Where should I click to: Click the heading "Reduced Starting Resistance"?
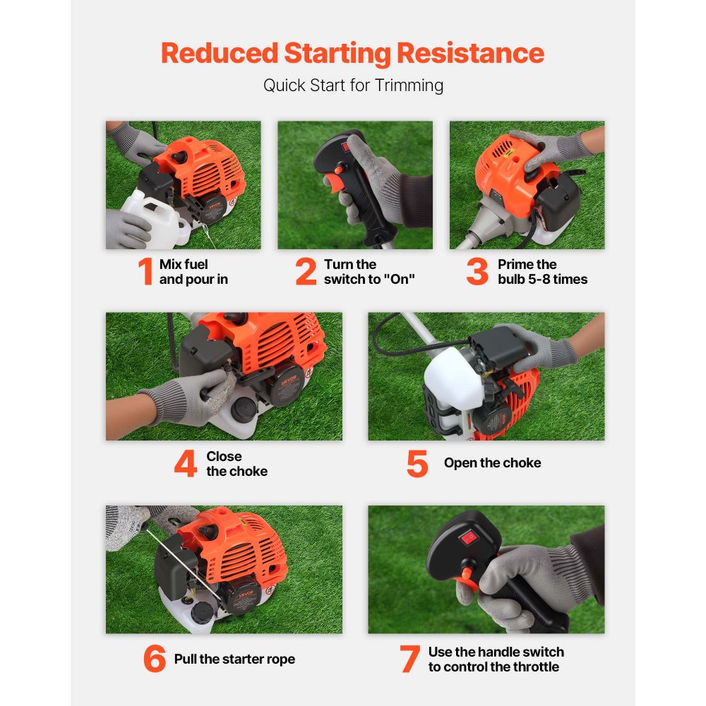pyautogui.click(x=352, y=54)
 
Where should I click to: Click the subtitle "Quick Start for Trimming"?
pyautogui.click(x=353, y=85)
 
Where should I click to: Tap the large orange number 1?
pyautogui.click(x=145, y=273)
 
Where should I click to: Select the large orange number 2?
pyautogui.click(x=306, y=273)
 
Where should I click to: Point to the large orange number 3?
pyautogui.click(x=477, y=273)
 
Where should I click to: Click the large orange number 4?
pyautogui.click(x=185, y=464)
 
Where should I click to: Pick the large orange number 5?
pyautogui.click(x=417, y=464)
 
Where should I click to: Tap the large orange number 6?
pyautogui.click(x=155, y=659)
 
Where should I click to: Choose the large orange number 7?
pyautogui.click(x=409, y=659)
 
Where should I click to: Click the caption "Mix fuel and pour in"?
pyautogui.click(x=193, y=272)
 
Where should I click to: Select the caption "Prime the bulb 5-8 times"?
pyautogui.click(x=542, y=272)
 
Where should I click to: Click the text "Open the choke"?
pyautogui.click(x=492, y=463)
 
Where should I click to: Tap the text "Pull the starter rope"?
pyautogui.click(x=234, y=659)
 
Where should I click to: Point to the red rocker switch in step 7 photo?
pyautogui.click(x=467, y=538)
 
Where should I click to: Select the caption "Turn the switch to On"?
pyautogui.click(x=369, y=272)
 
